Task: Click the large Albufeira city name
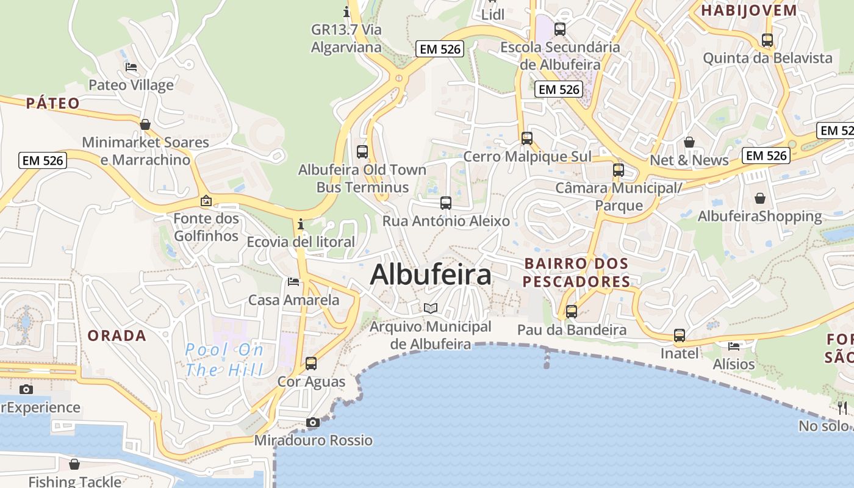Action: point(431,274)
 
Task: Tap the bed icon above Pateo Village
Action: point(131,67)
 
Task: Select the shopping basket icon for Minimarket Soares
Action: point(145,124)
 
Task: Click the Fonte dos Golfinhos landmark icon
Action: point(206,200)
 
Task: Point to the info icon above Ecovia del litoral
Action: point(300,224)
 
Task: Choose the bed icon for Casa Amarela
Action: point(293,282)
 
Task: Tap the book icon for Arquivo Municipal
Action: point(431,308)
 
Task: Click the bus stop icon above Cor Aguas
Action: point(311,364)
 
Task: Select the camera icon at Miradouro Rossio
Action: point(312,422)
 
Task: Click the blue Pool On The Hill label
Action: point(224,359)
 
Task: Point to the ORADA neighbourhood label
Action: point(117,335)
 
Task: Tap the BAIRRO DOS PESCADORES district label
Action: point(576,273)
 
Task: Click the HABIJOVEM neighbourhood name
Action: point(749,10)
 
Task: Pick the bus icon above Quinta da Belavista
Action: point(767,40)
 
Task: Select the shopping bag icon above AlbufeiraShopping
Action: point(760,198)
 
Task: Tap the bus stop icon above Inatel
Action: point(680,335)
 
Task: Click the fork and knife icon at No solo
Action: point(842,407)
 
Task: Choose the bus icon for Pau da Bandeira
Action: point(572,312)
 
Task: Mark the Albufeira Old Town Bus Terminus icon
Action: point(362,152)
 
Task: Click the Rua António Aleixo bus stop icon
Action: point(446,203)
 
